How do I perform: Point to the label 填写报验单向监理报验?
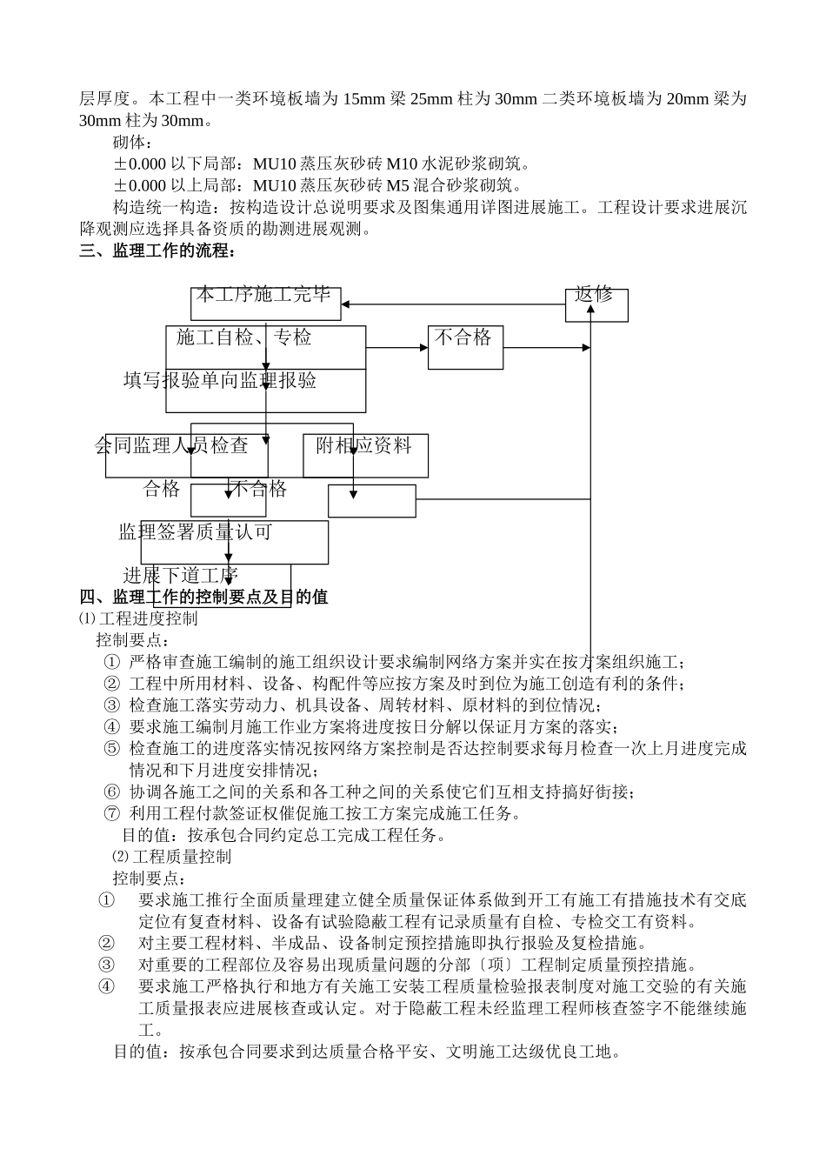click(x=220, y=381)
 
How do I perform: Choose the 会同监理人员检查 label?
click(x=172, y=446)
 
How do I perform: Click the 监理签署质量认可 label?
click(x=196, y=532)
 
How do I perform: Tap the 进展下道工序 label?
click(x=181, y=575)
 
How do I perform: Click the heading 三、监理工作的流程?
click(x=157, y=251)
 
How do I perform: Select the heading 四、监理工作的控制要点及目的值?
click(x=203, y=597)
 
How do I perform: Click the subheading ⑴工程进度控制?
click(x=138, y=618)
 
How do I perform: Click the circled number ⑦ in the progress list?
click(x=111, y=814)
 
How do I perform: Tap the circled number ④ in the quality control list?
click(x=106, y=986)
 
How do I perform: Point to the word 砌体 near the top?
click(x=132, y=142)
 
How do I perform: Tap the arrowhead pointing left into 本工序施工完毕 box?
click(x=346, y=304)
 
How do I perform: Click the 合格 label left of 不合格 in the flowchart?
click(x=162, y=490)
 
